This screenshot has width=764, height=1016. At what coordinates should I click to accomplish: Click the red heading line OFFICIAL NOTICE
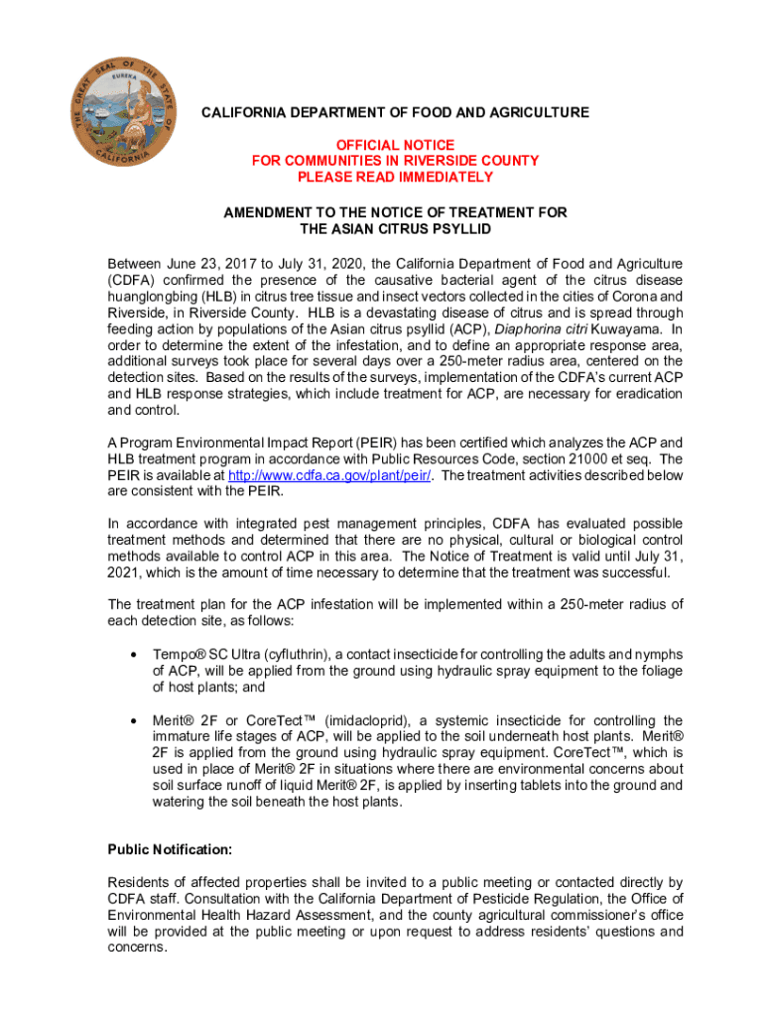395,145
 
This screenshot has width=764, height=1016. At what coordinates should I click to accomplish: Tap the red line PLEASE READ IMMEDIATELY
395,177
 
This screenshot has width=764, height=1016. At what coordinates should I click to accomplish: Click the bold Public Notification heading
170,850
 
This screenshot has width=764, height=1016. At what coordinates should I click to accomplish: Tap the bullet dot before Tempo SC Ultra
132,655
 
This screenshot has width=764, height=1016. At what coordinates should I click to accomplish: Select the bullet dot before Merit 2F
132,720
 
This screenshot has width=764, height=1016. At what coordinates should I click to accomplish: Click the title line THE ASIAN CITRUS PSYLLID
395,228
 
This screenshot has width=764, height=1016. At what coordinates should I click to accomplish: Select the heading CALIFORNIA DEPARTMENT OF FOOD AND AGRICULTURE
395,113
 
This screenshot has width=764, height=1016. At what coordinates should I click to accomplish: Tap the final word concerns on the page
137,947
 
